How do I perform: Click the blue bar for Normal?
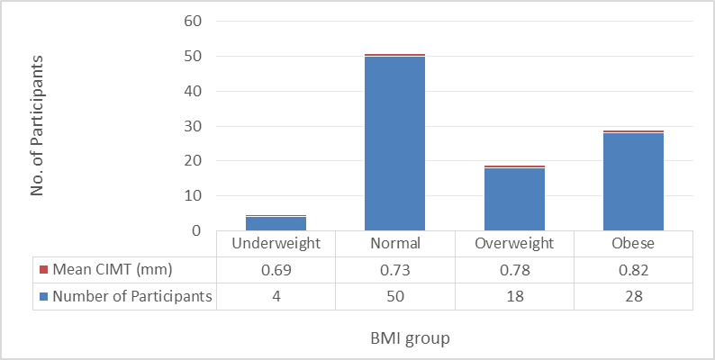(395, 143)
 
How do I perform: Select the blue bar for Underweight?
(276, 224)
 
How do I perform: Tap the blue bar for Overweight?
(514, 200)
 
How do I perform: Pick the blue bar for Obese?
(633, 182)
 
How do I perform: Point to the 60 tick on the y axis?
(192, 22)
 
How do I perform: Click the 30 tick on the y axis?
(192, 126)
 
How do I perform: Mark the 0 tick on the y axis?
(196, 231)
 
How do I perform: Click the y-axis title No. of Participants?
(37, 126)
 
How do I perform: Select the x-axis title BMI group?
(410, 338)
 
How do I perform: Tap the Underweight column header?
(276, 243)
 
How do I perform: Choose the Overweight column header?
(514, 243)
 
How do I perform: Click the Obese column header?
(633, 243)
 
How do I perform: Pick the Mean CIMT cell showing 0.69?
(276, 270)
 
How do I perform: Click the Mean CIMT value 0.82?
(633, 270)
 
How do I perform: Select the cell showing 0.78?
(514, 270)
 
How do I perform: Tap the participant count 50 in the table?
(395, 297)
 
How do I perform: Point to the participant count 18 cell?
(514, 297)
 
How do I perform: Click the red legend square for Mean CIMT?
(44, 270)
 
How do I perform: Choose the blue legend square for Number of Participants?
(44, 297)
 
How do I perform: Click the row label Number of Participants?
(132, 297)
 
